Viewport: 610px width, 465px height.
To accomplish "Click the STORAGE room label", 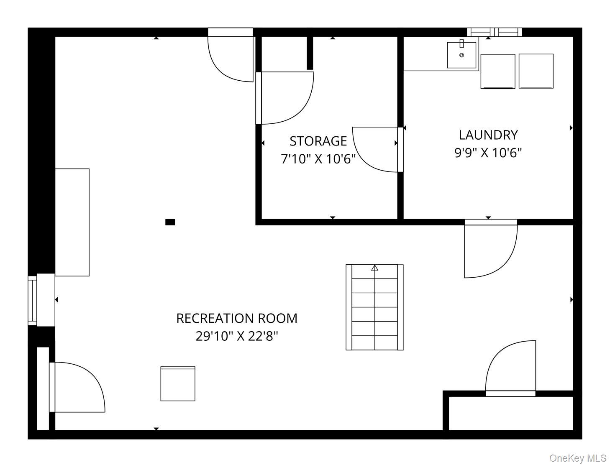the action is [318, 141].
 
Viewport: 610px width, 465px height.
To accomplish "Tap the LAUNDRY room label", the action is [488, 135].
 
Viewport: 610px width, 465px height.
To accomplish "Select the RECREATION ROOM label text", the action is [237, 318].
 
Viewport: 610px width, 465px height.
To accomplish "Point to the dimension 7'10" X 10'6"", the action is [318, 159].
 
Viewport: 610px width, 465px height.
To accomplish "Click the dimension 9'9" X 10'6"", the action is [488, 153].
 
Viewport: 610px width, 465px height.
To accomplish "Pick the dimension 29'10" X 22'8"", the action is [237, 336].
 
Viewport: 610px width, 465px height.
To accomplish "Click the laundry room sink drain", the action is [461, 55].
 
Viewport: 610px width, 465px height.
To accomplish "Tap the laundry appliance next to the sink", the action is [498, 72].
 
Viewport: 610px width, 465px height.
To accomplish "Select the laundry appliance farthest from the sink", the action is [536, 72].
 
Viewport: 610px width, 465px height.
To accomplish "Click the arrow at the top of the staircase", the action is [374, 268].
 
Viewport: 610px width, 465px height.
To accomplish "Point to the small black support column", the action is [170, 222].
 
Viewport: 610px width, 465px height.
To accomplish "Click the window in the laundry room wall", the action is [494, 32].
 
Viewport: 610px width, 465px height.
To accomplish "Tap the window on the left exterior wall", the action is [32, 301].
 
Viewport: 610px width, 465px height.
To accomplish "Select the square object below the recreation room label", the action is [178, 383].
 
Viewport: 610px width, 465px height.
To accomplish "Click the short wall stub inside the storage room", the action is [310, 53].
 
